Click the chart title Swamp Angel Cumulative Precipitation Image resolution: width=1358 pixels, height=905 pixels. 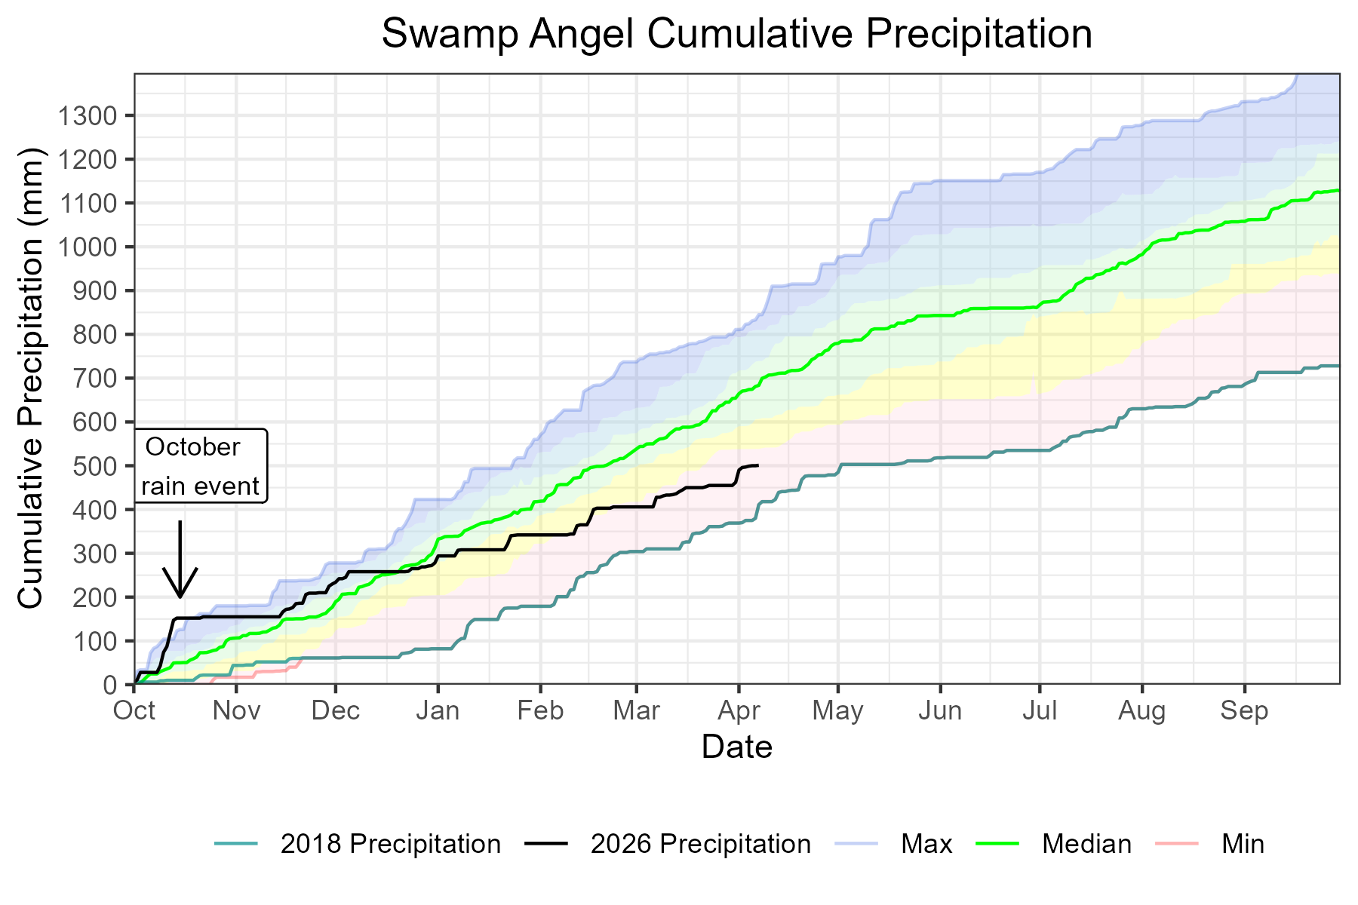(x=736, y=35)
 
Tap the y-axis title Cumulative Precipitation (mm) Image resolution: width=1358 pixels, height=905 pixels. (x=32, y=377)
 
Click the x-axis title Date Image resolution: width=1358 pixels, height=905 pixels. (x=736, y=747)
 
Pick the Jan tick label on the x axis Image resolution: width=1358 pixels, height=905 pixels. (x=438, y=711)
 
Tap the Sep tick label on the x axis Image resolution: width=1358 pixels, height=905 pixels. (x=1244, y=711)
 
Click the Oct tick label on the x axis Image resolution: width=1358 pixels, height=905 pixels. (x=134, y=711)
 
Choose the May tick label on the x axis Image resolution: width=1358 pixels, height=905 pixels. (x=837, y=711)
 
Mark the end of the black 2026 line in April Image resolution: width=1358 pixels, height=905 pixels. (x=757, y=465)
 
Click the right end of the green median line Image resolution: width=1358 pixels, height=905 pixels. (x=1338, y=190)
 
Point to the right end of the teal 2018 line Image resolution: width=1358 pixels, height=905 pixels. (x=1338, y=366)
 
